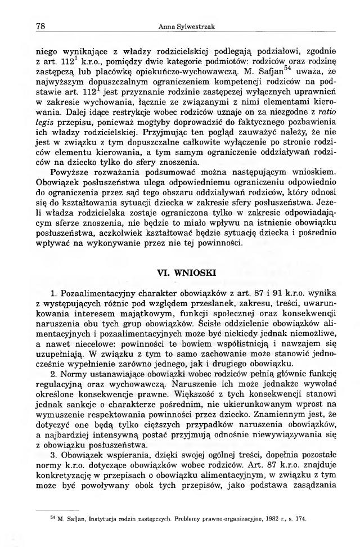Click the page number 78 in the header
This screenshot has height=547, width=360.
[40, 25]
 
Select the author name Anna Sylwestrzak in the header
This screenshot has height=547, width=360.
[179, 26]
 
